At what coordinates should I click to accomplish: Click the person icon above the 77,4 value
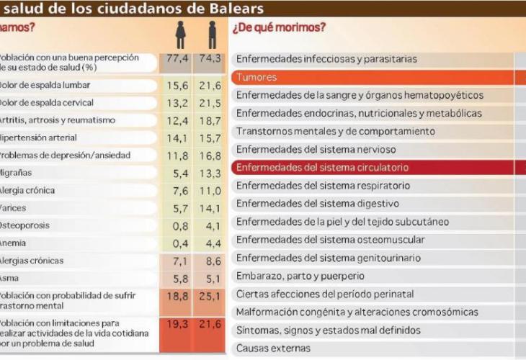pos(181,34)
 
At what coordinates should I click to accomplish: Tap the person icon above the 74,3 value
pos(213,34)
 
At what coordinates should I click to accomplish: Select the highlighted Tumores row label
pos(257,77)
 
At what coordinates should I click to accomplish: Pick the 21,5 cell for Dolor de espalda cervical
pos(209,103)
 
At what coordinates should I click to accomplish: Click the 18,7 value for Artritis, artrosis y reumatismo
pos(209,120)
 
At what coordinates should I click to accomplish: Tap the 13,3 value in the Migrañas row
pos(209,173)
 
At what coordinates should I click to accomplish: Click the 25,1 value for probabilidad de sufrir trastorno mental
pos(209,296)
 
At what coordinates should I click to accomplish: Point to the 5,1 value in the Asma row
pos(209,278)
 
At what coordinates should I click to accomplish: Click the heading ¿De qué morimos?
pos(279,28)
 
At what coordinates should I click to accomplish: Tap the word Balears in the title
pos(234,9)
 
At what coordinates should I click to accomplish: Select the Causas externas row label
pos(273,348)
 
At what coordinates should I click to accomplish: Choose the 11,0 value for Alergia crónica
pos(209,191)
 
